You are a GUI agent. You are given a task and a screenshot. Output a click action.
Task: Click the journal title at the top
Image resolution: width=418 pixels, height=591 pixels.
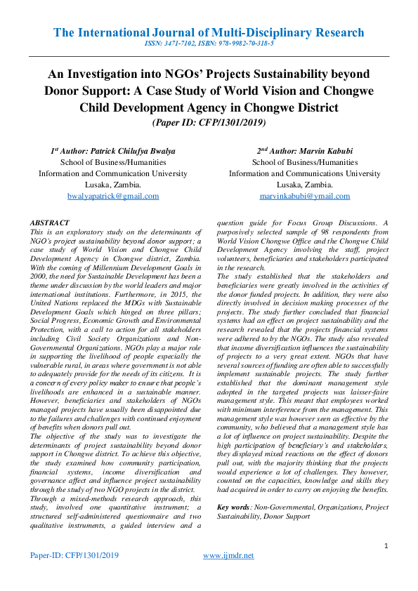point(209,33)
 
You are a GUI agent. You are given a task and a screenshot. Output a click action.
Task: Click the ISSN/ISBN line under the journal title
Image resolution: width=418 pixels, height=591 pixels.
point(209,44)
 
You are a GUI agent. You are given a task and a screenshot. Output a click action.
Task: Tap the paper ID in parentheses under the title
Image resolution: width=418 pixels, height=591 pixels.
point(209,122)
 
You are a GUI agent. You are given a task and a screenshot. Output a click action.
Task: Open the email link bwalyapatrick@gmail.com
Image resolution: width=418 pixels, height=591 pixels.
point(112,196)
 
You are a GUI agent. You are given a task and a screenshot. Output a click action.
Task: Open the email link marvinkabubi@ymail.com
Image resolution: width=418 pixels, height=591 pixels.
point(304,196)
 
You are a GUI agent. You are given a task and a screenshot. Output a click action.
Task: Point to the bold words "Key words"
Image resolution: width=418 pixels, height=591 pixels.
point(233,506)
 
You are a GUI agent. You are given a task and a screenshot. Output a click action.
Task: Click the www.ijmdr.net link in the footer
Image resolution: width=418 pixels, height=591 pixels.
point(228,555)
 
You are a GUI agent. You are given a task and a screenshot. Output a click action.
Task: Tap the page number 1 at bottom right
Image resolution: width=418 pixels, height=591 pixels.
point(386,545)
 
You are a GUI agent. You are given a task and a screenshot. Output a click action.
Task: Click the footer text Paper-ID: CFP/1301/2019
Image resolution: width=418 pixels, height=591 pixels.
point(74,555)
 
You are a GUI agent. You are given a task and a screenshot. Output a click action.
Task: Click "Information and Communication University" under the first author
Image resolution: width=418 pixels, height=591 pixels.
point(112,173)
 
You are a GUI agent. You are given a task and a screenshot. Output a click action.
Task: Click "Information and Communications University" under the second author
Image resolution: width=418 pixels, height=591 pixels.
point(304,173)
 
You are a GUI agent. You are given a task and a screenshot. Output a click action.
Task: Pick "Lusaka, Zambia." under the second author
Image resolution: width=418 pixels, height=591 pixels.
point(304,185)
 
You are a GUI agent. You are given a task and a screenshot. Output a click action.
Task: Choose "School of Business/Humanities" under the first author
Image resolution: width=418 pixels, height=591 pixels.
point(112,162)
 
